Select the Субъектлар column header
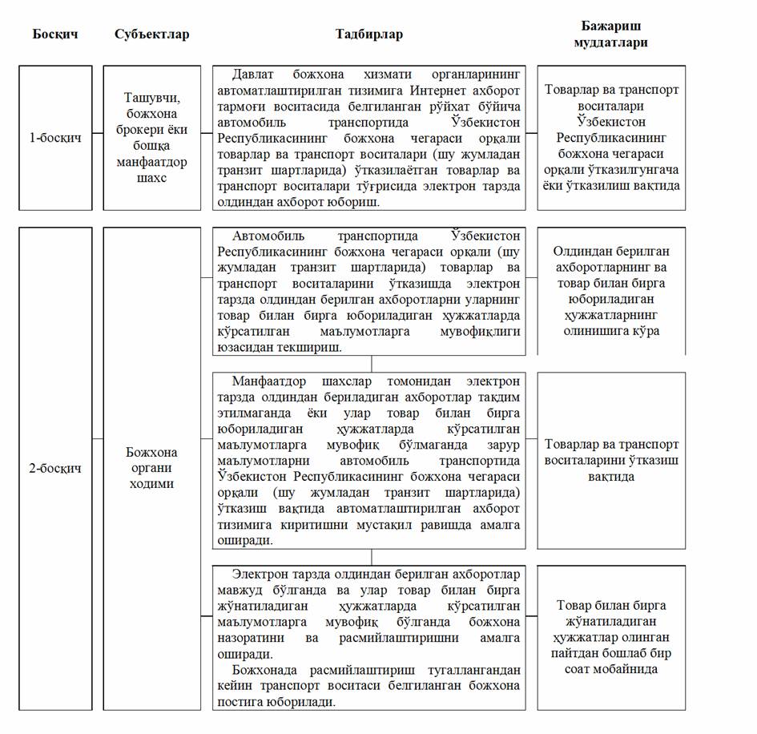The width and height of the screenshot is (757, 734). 152,34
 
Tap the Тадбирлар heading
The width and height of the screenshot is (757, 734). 369,34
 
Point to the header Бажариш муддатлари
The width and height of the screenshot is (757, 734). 611,34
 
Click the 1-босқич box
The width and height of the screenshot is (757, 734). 55,137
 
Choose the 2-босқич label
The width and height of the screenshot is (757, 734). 55,469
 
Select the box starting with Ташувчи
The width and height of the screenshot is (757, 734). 152,137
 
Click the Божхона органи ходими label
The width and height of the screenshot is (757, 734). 152,468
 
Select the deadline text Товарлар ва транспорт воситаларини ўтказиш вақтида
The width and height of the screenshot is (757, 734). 611,460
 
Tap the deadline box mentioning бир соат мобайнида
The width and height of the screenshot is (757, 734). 611,637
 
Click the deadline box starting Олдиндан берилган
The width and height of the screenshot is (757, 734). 611,291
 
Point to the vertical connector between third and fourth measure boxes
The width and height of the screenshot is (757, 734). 371,557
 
